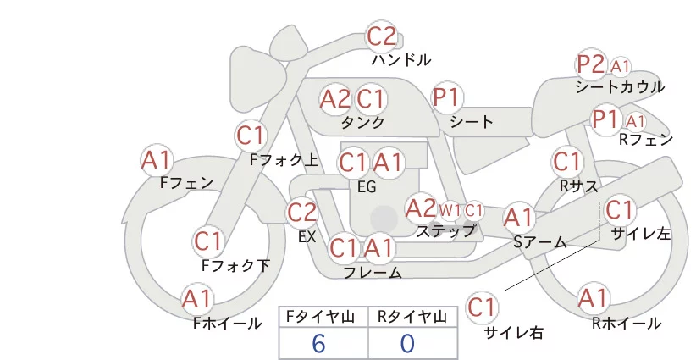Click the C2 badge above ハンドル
tap(381, 36)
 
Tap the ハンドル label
tap(400, 60)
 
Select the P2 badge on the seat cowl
tap(591, 64)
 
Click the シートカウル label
tap(620, 87)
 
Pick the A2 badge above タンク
tap(335, 99)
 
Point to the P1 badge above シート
tap(447, 97)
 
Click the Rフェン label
tap(646, 140)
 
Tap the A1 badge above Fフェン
tap(156, 160)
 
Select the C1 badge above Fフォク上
tap(251, 136)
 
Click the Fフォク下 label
tap(235, 266)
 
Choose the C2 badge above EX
tap(301, 213)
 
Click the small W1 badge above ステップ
tap(450, 210)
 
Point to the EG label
tap(367, 187)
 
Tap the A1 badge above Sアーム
tap(518, 218)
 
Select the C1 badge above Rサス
tap(566, 162)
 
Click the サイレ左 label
tap(640, 234)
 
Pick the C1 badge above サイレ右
tap(482, 307)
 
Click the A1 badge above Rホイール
tap(593, 298)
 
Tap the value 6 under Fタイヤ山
tap(318, 344)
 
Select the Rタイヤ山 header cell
tap(412, 317)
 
